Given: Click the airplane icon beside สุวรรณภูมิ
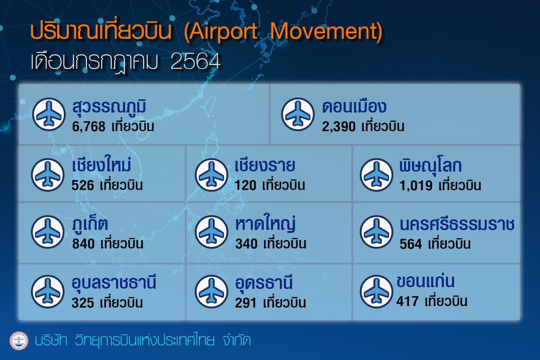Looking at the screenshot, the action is pyautogui.click(x=49, y=114).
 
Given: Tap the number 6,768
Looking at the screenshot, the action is pyautogui.click(x=89, y=127).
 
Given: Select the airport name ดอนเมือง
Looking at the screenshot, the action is pyautogui.click(x=354, y=107).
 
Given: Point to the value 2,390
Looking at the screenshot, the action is pyautogui.click(x=339, y=127).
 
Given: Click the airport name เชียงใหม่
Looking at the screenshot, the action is pyautogui.click(x=102, y=165).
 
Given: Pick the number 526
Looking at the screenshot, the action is pyautogui.click(x=82, y=185).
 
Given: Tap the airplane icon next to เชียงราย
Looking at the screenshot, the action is pyautogui.click(x=211, y=175).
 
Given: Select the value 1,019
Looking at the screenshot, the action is pyautogui.click(x=416, y=186).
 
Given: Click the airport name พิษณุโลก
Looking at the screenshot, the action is pyautogui.click(x=430, y=165).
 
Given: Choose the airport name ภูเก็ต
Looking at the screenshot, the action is pyautogui.click(x=90, y=224).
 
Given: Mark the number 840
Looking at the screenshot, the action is pyautogui.click(x=83, y=243).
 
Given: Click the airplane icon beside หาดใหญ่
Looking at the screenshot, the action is pyautogui.click(x=211, y=232).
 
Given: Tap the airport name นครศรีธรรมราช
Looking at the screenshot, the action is pyautogui.click(x=457, y=225).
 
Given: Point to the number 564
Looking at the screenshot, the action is pyautogui.click(x=411, y=244).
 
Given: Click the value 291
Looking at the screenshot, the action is pyautogui.click(x=246, y=303).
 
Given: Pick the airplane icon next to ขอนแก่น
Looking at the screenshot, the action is pyautogui.click(x=376, y=291).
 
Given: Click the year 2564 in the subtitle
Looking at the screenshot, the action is pyautogui.click(x=195, y=61).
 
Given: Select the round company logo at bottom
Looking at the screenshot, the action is pyautogui.click(x=19, y=341).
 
